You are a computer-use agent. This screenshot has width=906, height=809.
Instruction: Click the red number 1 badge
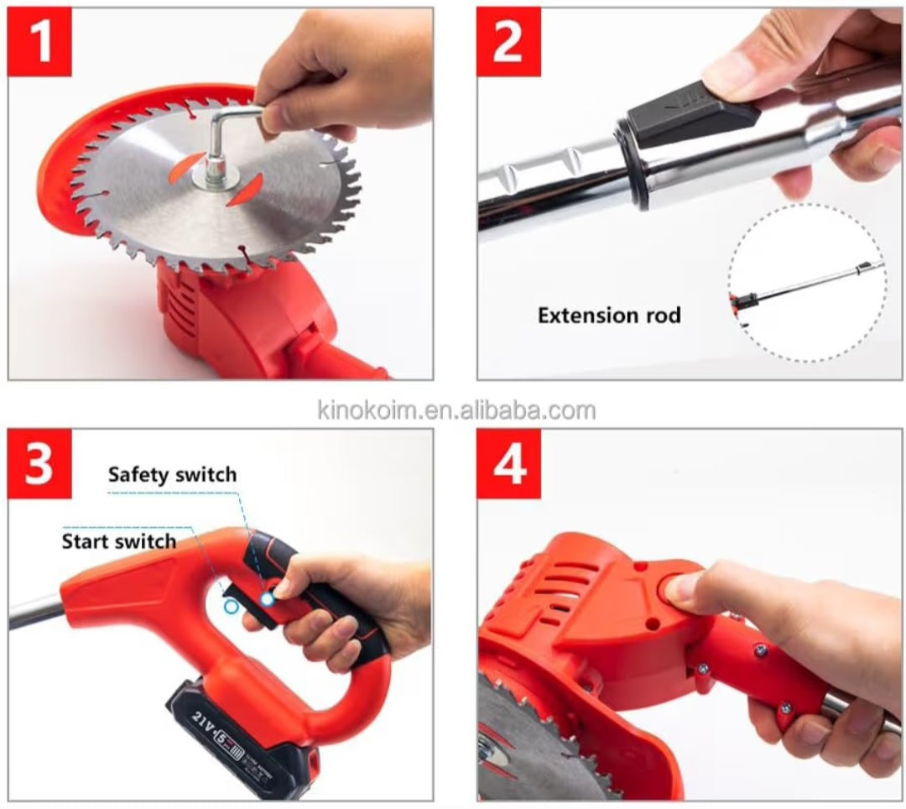click(x=39, y=42)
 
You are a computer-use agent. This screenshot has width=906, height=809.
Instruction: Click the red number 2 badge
click(x=508, y=42)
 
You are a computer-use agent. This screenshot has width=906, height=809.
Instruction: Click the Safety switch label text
click(x=172, y=475)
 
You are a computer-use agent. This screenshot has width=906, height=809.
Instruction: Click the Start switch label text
click(x=119, y=541)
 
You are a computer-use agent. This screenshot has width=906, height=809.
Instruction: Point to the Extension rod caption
click(x=609, y=316)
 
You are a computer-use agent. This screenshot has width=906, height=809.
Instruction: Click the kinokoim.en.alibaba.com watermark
click(x=456, y=410)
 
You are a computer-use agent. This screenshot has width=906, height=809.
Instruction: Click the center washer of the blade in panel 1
click(x=211, y=177)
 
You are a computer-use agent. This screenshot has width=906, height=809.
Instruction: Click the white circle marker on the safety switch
click(x=267, y=598)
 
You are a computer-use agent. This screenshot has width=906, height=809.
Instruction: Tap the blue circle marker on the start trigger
click(x=229, y=605)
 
